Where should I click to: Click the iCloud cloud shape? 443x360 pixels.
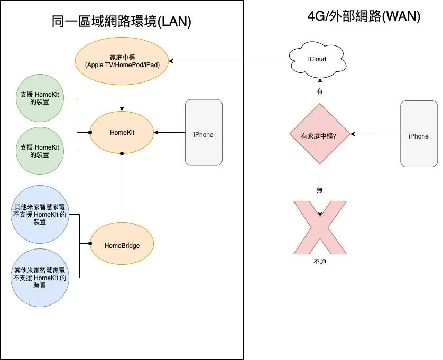pos(317,59)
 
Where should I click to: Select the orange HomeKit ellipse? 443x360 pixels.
pos(122,133)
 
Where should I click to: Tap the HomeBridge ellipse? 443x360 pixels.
pos(122,245)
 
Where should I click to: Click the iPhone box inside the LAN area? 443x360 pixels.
pos(204,133)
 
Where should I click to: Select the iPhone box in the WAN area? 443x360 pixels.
pos(419,134)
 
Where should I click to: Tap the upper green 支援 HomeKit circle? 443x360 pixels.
pos(40,98)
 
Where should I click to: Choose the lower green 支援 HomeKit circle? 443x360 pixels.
pos(40,151)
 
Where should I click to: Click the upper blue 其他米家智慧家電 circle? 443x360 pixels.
pos(40,214)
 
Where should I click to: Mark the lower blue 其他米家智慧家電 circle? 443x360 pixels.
pos(40,278)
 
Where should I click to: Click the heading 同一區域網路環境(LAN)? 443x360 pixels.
pos(122,22)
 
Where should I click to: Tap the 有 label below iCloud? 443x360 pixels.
pos(320,91)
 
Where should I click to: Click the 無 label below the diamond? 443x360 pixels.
pos(320,189)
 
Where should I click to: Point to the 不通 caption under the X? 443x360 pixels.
pos(320,261)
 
